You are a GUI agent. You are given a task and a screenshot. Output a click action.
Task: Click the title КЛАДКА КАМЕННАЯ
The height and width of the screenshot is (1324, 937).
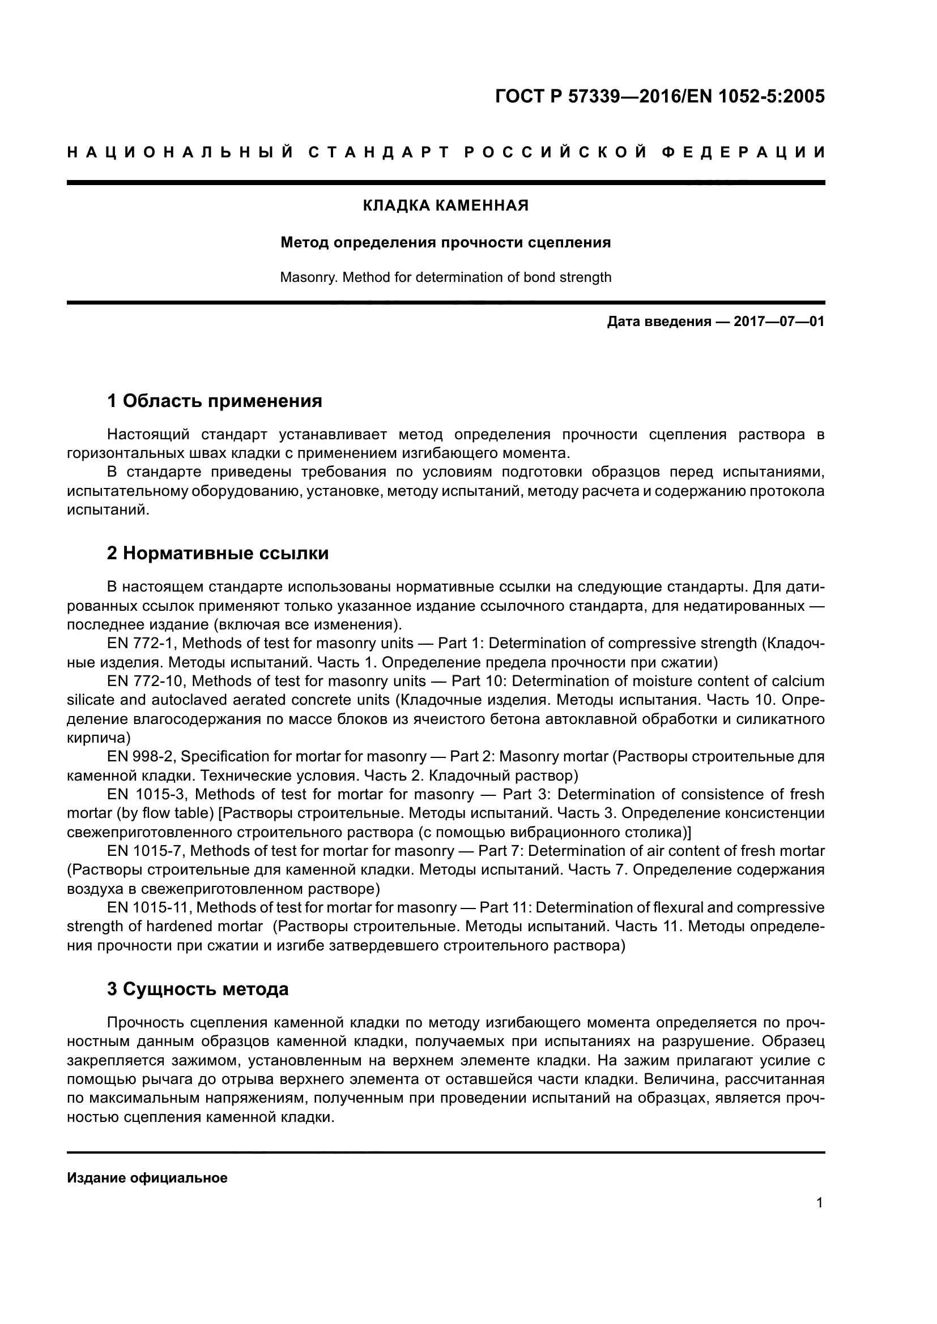[445, 206]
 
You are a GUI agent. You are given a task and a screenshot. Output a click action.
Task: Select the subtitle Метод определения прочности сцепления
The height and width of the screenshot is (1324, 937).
[445, 243]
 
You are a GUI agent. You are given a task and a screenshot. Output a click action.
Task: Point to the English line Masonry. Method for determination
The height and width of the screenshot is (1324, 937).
[445, 277]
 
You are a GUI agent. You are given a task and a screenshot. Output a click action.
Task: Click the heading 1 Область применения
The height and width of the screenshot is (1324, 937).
[215, 401]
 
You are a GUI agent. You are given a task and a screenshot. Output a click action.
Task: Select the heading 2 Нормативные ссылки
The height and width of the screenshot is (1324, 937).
[218, 554]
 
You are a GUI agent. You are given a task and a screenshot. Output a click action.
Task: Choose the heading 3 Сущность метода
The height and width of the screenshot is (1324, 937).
[197, 989]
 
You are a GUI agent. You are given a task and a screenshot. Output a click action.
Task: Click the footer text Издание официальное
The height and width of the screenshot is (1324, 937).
[147, 1178]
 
